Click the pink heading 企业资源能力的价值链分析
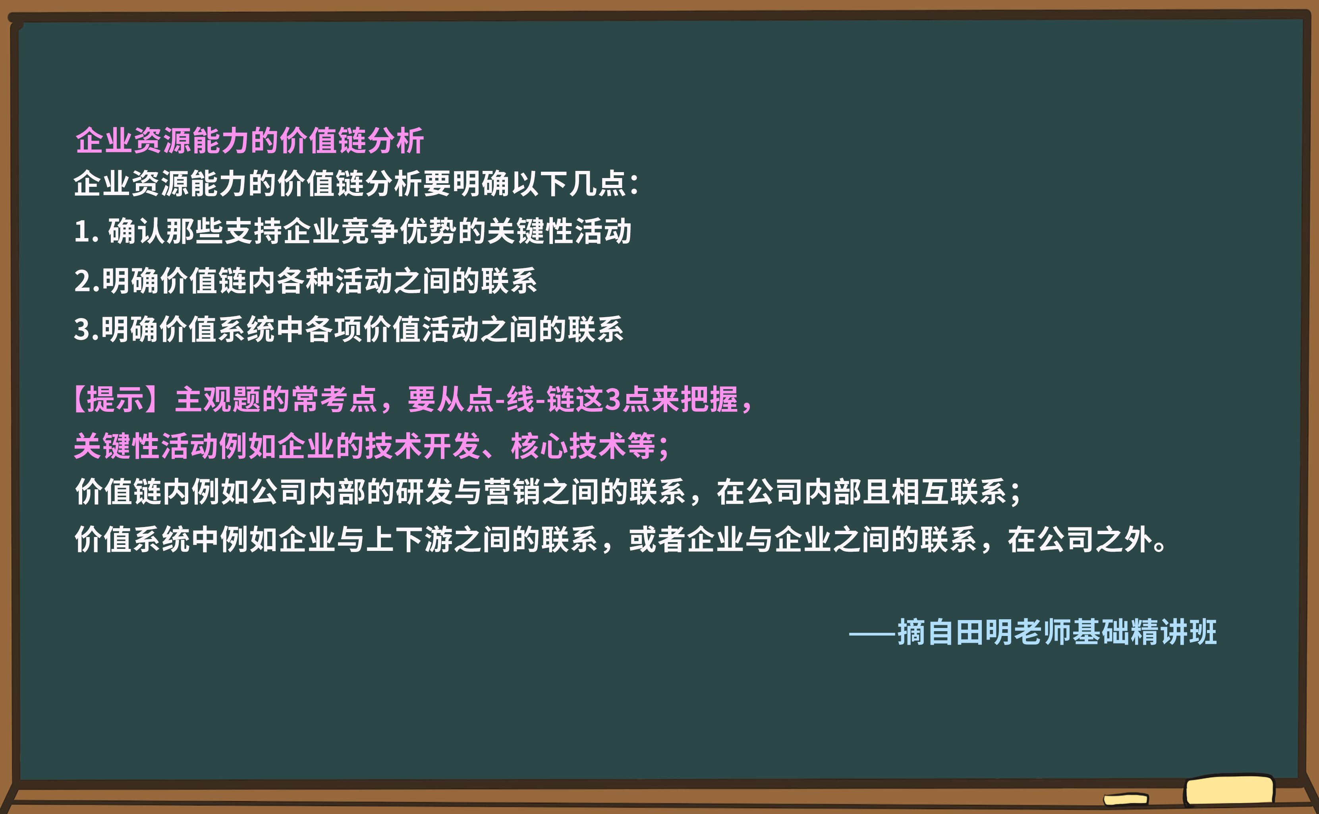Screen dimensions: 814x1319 (x=249, y=141)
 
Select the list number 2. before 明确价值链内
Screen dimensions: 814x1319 (x=87, y=281)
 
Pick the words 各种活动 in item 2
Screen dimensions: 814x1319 (x=334, y=281)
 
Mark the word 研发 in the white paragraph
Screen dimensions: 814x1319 (x=424, y=492)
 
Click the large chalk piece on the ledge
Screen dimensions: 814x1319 (x=1229, y=790)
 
